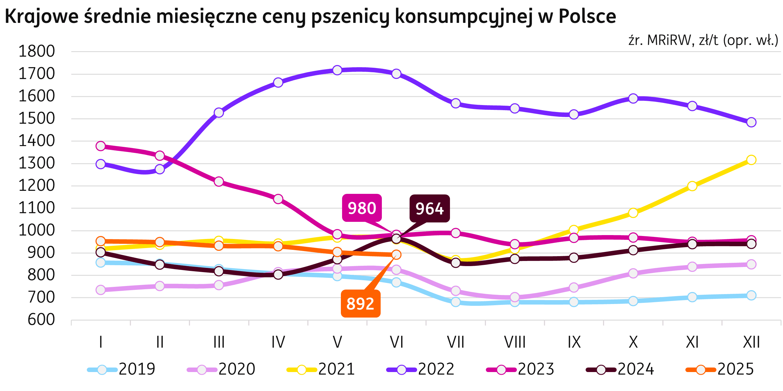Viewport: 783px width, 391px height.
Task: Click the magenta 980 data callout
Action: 362,208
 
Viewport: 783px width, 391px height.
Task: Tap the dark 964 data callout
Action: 429,209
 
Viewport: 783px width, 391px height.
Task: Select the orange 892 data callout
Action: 360,304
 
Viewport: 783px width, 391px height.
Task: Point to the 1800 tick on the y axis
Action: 37,51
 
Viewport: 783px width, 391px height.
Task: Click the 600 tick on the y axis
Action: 41,320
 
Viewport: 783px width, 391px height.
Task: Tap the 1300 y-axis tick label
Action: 37,164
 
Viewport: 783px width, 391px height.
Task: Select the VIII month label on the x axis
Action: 514,343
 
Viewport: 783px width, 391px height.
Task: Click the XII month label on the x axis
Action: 751,343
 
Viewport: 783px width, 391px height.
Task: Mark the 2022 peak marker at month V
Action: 337,70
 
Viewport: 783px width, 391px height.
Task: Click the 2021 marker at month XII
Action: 751,160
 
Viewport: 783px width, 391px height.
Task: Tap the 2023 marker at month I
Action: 101,146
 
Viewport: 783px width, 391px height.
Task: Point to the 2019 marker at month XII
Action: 751,295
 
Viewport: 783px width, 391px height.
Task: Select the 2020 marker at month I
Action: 101,290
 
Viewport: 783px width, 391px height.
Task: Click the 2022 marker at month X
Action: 633,98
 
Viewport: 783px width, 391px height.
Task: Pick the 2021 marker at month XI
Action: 692,186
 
